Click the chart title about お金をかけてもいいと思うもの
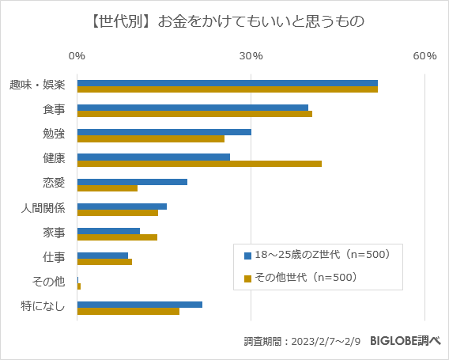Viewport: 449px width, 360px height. [x=224, y=21]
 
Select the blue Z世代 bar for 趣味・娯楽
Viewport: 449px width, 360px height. [x=227, y=83]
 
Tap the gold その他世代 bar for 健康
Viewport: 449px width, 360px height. [x=199, y=164]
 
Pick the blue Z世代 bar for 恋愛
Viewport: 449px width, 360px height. [x=132, y=181]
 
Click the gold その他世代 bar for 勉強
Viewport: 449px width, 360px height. [x=150, y=139]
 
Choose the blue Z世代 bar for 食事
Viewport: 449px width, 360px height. [x=192, y=108]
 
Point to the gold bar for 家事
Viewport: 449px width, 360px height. [x=117, y=237]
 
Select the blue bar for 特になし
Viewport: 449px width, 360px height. [x=139, y=305]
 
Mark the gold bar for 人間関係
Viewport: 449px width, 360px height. [x=117, y=213]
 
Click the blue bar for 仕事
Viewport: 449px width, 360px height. [x=102, y=255]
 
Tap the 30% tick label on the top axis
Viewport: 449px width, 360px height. [x=251, y=55]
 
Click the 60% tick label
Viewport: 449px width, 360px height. [x=424, y=55]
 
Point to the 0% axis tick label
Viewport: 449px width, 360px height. [x=77, y=55]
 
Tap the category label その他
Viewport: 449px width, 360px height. [x=49, y=282]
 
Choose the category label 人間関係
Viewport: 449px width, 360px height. [x=43, y=209]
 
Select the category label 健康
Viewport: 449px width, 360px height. [x=54, y=159]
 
